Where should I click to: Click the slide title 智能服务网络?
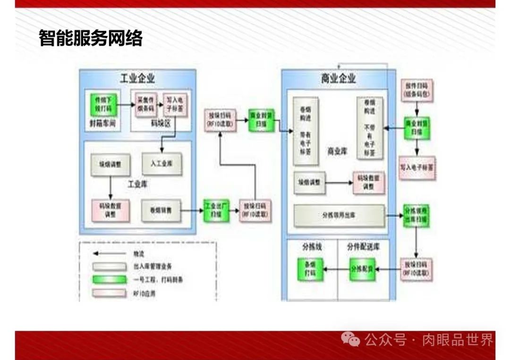coord(91,39)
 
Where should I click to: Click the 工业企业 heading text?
coord(137,78)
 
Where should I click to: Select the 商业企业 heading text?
coord(338,78)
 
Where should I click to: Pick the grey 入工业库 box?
coord(161,164)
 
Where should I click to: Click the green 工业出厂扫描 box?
coord(216,210)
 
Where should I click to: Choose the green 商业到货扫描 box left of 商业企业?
coord(261,119)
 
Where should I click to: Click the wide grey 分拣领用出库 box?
coord(339,215)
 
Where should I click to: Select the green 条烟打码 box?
coord(309,269)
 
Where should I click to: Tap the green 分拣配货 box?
coord(362,269)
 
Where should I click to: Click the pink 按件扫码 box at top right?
coord(416,90)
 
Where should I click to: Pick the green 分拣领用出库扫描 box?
coord(416,216)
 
